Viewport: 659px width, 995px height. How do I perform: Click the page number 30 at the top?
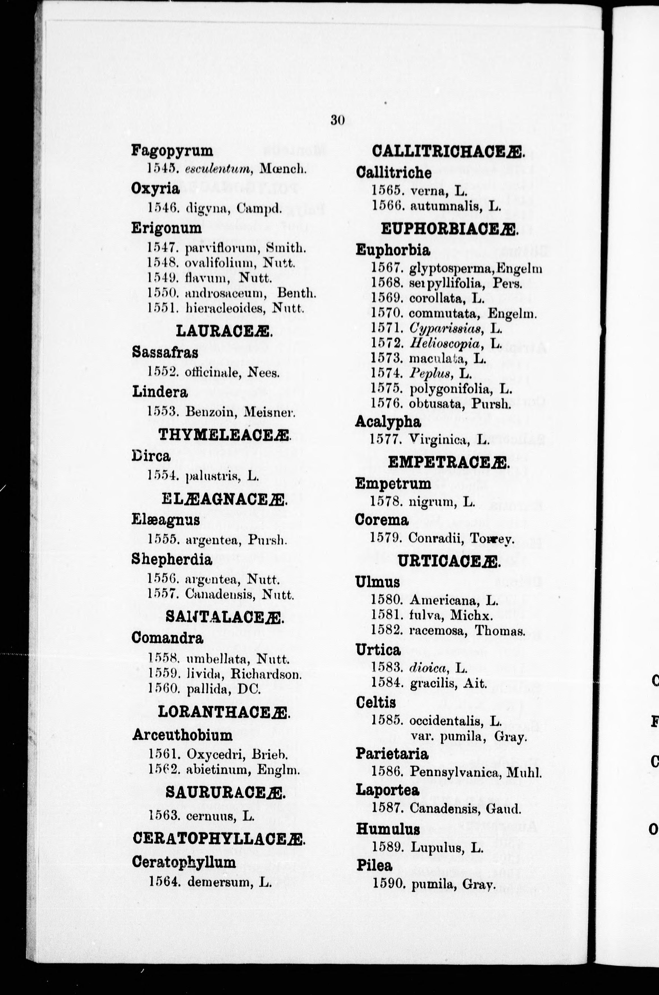337,120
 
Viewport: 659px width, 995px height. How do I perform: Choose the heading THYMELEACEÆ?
225,435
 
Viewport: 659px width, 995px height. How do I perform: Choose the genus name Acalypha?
388,422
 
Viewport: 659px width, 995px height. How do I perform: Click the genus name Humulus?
388,829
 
